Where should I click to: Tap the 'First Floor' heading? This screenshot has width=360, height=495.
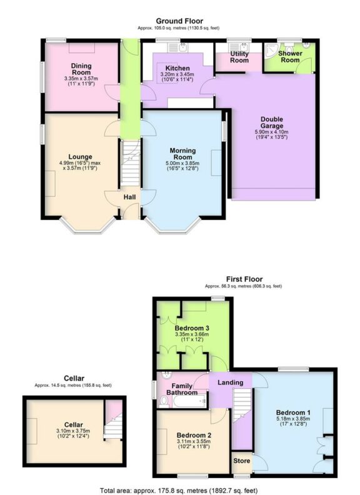point(244,279)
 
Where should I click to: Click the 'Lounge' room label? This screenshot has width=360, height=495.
point(81,156)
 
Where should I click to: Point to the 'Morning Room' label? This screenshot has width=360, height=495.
point(182,154)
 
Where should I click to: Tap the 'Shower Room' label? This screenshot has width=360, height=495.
point(290,57)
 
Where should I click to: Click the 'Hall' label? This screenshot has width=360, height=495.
point(129,197)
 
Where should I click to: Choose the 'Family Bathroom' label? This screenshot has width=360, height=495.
point(182,389)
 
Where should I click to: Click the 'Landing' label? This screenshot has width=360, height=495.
point(229,382)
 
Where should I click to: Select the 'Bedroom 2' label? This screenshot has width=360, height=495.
point(193,434)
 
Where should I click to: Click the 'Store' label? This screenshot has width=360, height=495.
point(241,461)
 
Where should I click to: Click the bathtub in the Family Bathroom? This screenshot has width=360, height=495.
point(189,403)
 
